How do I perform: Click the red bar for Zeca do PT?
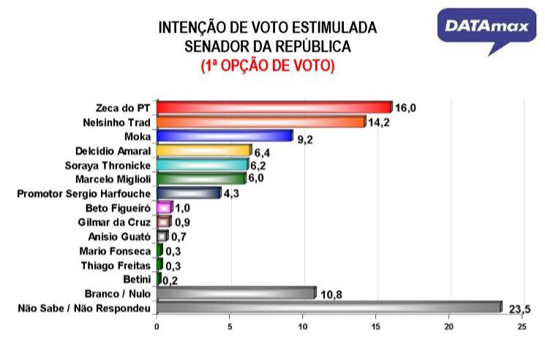tap(274, 107)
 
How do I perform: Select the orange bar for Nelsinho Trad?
tap(260, 121)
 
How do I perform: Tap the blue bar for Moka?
tap(224, 135)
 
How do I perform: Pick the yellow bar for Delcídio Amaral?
tap(203, 150)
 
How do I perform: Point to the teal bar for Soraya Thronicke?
tap(202, 165)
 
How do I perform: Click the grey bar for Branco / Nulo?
tap(236, 293)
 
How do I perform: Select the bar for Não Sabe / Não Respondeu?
tap(328, 308)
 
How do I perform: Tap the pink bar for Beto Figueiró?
tap(165, 207)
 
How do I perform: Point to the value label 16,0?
tap(405, 108)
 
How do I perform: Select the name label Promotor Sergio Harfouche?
tap(83, 193)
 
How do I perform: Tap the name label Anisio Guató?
tap(121, 236)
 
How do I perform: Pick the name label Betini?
tap(138, 279)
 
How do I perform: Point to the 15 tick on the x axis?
tap(376, 326)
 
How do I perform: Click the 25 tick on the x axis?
tap(522, 326)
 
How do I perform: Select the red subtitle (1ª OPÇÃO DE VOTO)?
tap(268, 66)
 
